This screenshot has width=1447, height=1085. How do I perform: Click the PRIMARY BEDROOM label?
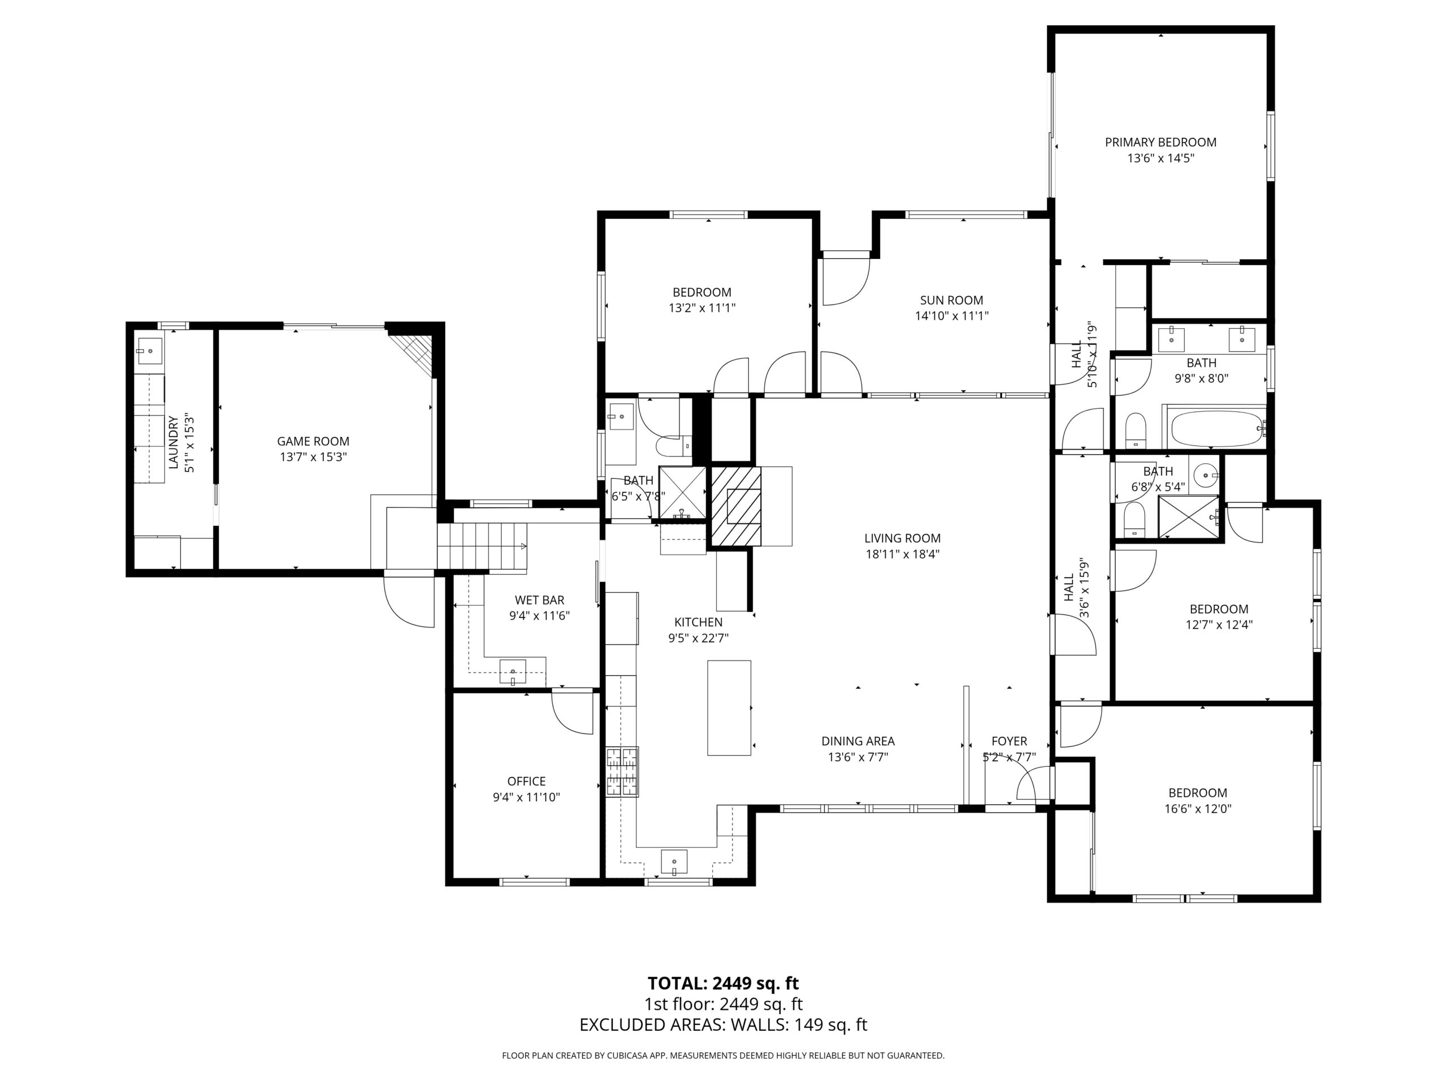click(x=1160, y=142)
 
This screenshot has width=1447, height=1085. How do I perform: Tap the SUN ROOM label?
click(x=951, y=300)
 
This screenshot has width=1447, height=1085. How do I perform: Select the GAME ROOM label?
click(x=313, y=441)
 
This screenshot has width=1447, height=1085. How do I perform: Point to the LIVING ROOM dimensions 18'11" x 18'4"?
click(x=902, y=554)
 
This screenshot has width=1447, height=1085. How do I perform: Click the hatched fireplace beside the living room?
click(x=737, y=506)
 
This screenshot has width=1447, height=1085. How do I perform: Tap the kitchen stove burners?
click(x=623, y=772)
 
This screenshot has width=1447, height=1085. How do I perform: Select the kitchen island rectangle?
click(x=729, y=708)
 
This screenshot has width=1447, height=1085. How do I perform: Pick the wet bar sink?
click(x=512, y=672)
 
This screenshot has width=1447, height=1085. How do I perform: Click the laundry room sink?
click(x=150, y=351)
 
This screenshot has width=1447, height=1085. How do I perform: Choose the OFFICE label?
click(x=527, y=781)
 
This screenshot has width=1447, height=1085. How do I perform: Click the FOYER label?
click(x=1010, y=741)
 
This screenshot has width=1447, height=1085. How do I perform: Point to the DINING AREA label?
click(x=858, y=741)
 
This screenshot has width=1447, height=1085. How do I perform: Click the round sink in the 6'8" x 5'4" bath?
click(x=1205, y=475)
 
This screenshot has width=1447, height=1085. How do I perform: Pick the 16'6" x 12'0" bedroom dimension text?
click(x=1198, y=808)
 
